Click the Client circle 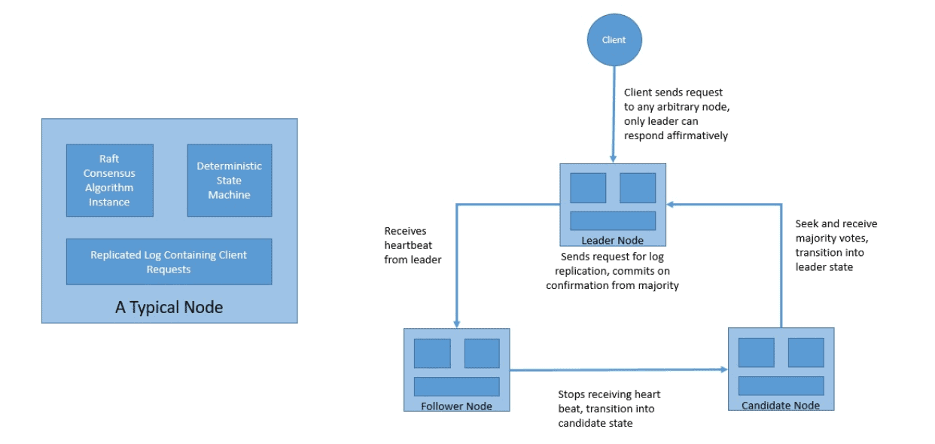pyautogui.click(x=614, y=40)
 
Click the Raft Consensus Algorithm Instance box pyautogui.click(x=110, y=181)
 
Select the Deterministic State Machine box pyautogui.click(x=230, y=181)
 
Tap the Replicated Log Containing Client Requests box pyautogui.click(x=169, y=262)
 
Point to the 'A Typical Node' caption pyautogui.click(x=169, y=307)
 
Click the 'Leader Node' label pyautogui.click(x=613, y=241)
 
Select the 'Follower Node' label pyautogui.click(x=457, y=406)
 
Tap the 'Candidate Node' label pyautogui.click(x=781, y=406)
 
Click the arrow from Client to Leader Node pyautogui.click(x=614, y=113)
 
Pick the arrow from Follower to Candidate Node pyautogui.click(x=617, y=369)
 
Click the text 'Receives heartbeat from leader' pyautogui.click(x=412, y=245)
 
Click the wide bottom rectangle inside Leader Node pyautogui.click(x=613, y=220)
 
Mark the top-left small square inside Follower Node pyautogui.click(x=432, y=353)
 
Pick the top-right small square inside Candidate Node pyautogui.click(x=806, y=352)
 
